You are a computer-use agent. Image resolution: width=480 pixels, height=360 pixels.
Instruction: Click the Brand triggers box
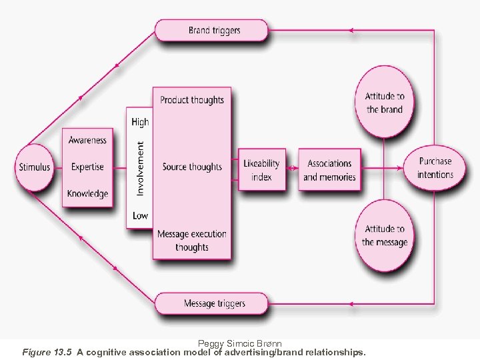(x=211, y=30)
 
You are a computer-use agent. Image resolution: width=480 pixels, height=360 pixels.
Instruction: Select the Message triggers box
(x=211, y=303)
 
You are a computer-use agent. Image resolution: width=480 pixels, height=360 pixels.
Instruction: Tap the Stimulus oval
(x=33, y=167)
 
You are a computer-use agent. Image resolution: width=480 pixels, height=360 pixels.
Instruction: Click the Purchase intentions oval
(x=435, y=167)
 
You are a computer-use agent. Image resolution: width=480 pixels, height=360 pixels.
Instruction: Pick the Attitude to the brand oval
(x=385, y=102)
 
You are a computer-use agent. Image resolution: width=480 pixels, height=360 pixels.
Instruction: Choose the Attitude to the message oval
(x=385, y=235)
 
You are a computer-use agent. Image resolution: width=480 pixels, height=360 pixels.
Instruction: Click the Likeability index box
(x=261, y=170)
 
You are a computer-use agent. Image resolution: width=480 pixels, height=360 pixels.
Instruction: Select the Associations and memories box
(x=329, y=170)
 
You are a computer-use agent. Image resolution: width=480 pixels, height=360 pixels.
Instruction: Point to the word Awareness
(x=87, y=140)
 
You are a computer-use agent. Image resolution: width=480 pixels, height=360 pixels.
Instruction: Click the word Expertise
(x=87, y=167)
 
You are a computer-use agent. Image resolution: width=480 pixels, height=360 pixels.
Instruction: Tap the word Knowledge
(x=87, y=193)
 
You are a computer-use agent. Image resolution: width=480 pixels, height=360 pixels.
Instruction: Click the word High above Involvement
(x=140, y=121)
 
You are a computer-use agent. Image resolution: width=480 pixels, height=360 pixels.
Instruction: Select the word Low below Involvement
(x=140, y=215)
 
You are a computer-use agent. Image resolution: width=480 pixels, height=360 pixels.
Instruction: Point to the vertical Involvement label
(x=140, y=168)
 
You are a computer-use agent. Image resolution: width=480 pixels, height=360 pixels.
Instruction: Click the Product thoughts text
(x=192, y=100)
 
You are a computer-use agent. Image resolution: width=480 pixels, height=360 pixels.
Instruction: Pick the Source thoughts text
(x=192, y=167)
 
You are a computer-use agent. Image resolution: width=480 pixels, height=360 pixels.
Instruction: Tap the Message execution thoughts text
(x=192, y=240)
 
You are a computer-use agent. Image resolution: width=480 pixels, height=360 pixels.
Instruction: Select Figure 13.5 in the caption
(x=47, y=351)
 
